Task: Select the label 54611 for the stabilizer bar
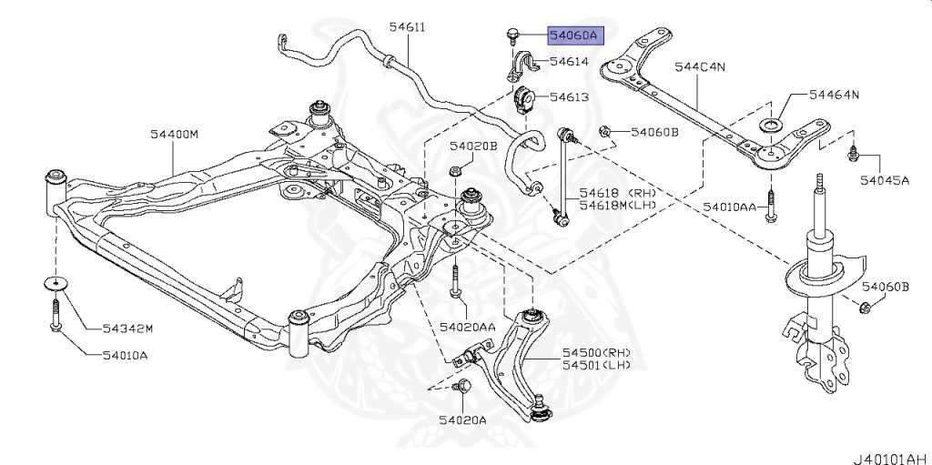click(407, 26)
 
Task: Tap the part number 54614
click(569, 61)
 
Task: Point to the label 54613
click(569, 96)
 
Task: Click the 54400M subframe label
click(174, 135)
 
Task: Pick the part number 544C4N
click(700, 66)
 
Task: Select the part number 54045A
click(885, 179)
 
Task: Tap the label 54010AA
click(729, 207)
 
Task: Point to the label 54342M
click(127, 328)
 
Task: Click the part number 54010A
click(125, 355)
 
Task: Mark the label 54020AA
click(467, 326)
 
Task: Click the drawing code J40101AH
click(892, 459)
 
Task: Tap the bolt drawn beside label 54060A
click(512, 35)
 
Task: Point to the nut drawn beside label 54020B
click(454, 171)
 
